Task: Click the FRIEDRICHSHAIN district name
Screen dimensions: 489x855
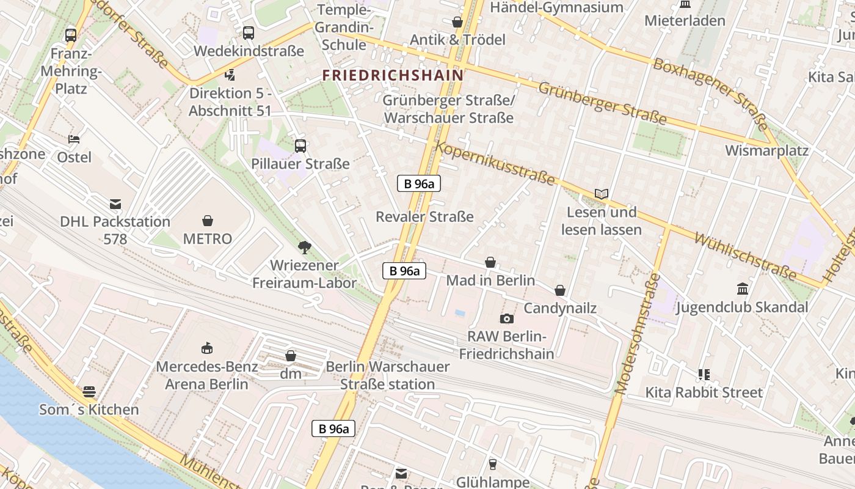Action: (x=393, y=75)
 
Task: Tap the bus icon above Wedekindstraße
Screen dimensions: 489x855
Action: (x=248, y=33)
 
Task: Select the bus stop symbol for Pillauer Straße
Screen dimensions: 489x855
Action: (x=300, y=146)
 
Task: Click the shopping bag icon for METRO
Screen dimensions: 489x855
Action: (x=208, y=221)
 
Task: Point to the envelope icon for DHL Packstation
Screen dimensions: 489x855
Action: (x=115, y=204)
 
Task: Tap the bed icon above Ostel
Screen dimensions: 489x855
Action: (x=74, y=139)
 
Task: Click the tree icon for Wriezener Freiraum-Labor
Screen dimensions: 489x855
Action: (x=304, y=248)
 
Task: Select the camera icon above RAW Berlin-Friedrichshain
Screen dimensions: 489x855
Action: (x=506, y=318)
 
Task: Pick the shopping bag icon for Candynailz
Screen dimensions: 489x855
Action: (x=559, y=290)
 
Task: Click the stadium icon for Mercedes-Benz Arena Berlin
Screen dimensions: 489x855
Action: (x=207, y=348)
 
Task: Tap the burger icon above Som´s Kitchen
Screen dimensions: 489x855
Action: (x=89, y=391)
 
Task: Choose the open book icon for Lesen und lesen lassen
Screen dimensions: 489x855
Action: (x=601, y=194)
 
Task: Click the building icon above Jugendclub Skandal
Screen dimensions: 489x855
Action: (x=742, y=289)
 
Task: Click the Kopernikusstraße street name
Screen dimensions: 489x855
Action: (x=495, y=164)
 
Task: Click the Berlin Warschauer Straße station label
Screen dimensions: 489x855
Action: (x=388, y=375)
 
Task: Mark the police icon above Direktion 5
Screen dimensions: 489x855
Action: (x=230, y=75)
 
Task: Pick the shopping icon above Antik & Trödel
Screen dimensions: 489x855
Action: (x=457, y=22)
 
